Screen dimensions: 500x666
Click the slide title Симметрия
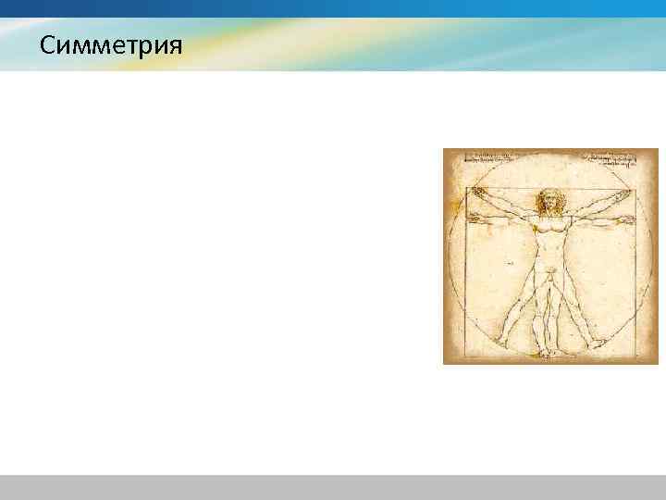pyautogui.click(x=112, y=44)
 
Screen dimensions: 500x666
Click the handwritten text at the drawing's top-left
pyautogui.click(x=490, y=156)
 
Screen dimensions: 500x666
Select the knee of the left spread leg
pyautogui.click(x=524, y=302)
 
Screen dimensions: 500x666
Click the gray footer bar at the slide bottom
pyautogui.click(x=333, y=487)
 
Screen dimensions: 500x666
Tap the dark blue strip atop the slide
pyautogui.click(x=333, y=8)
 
